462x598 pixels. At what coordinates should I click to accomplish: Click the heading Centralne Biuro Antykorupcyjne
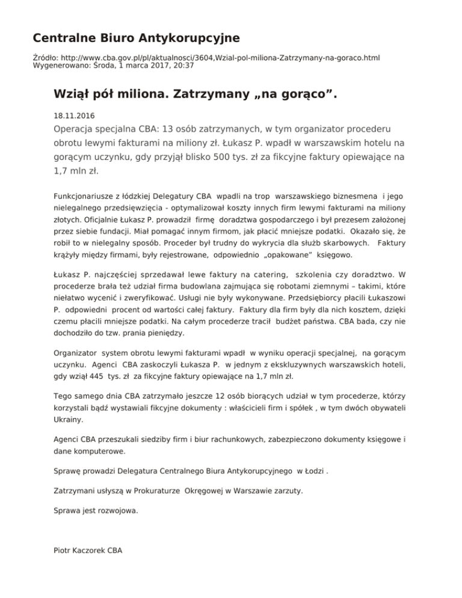(136, 39)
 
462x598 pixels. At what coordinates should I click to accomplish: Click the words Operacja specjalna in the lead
(97, 131)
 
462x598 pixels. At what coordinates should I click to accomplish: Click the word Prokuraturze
(150, 491)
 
